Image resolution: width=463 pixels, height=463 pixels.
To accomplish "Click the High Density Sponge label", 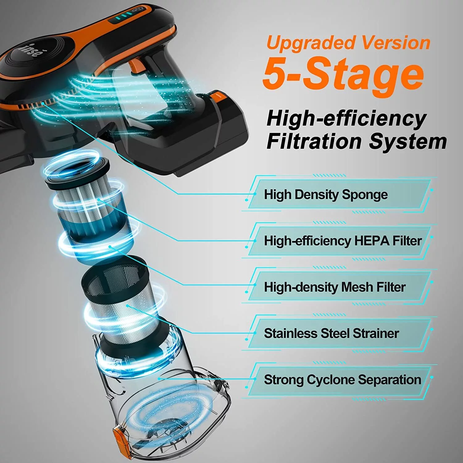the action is (326, 194).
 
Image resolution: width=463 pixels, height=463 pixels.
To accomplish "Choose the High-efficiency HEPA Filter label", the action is (343, 241).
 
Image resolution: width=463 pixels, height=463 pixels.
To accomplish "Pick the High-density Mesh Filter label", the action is (335, 287).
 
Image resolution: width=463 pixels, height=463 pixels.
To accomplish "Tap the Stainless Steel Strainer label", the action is (331, 333).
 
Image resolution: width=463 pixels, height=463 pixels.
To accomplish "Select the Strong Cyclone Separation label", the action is (342, 380).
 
